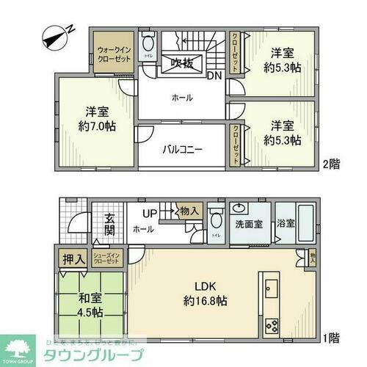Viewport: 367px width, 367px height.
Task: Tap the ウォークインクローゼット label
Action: pyautogui.click(x=112, y=56)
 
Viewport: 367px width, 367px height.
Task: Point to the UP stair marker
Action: pyautogui.click(x=149, y=213)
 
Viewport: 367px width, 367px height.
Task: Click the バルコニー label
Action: pyautogui.click(x=182, y=150)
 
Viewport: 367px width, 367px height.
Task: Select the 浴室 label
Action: pyautogui.click(x=286, y=222)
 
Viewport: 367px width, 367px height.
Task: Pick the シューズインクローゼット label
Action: pyautogui.click(x=107, y=258)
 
